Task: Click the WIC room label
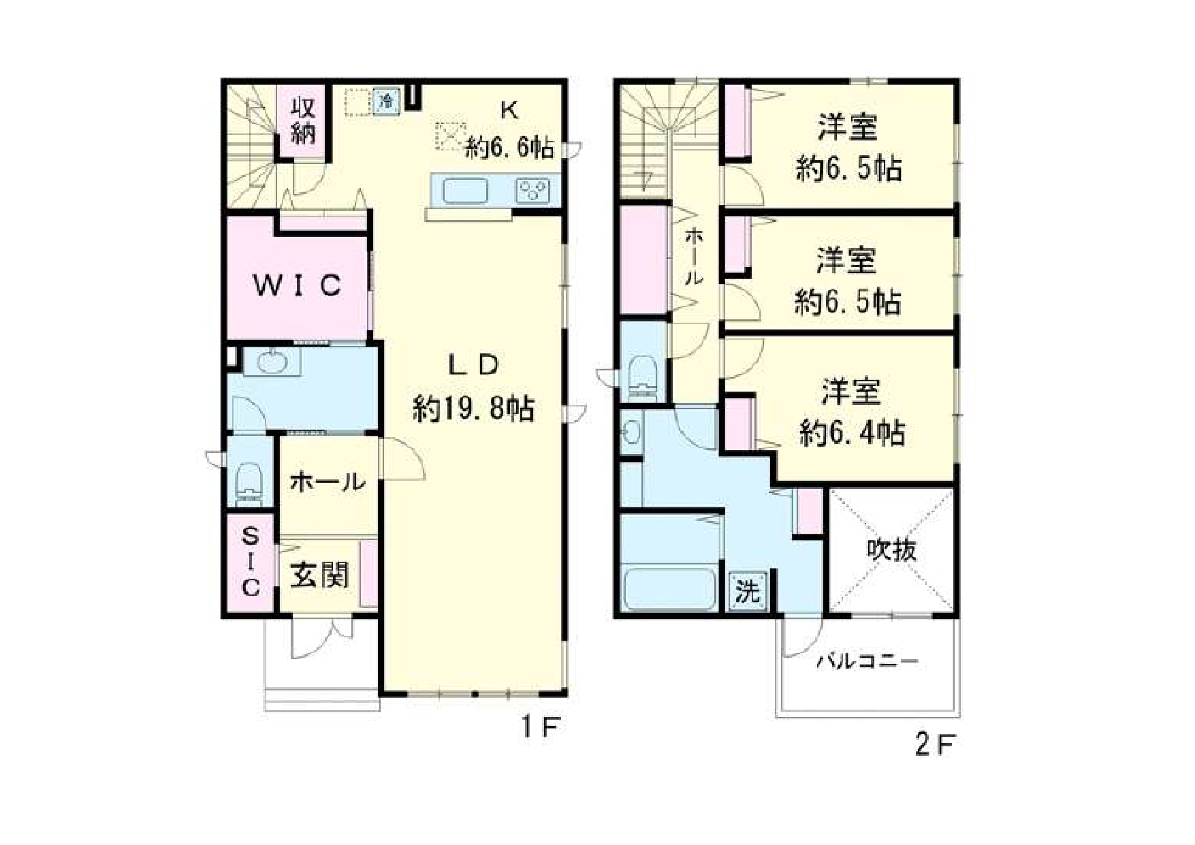click(297, 285)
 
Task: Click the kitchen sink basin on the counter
click(465, 191)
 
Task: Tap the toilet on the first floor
click(249, 482)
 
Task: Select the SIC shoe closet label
click(251, 562)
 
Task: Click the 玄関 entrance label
click(319, 575)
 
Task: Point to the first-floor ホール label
click(328, 482)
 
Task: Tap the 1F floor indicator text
click(540, 728)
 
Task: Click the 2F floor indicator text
click(934, 744)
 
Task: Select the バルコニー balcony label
click(867, 660)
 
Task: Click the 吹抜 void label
click(891, 549)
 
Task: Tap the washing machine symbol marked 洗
click(748, 590)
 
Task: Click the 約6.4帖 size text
click(852, 432)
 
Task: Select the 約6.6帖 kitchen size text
click(509, 147)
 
